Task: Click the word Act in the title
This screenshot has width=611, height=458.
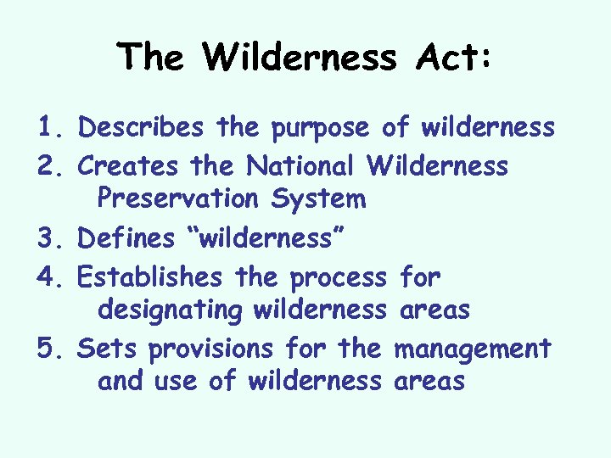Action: click(454, 57)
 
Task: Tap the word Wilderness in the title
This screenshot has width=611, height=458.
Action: click(299, 57)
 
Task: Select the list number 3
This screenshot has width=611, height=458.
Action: click(48, 238)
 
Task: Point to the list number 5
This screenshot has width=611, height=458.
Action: click(48, 348)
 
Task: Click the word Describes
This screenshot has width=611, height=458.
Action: click(140, 128)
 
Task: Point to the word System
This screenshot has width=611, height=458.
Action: click(318, 200)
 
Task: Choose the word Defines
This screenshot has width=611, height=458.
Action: click(127, 238)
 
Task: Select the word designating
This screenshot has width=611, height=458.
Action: click(170, 311)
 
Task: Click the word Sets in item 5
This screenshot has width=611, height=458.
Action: click(101, 348)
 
